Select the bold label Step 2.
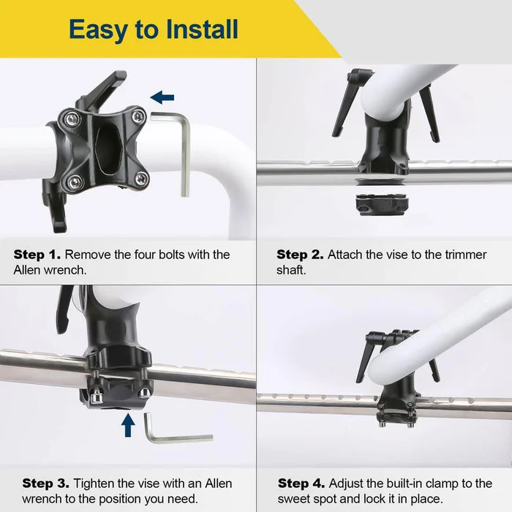(x=300, y=255)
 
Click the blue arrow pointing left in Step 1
(x=162, y=96)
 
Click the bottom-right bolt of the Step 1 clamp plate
(x=140, y=178)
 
